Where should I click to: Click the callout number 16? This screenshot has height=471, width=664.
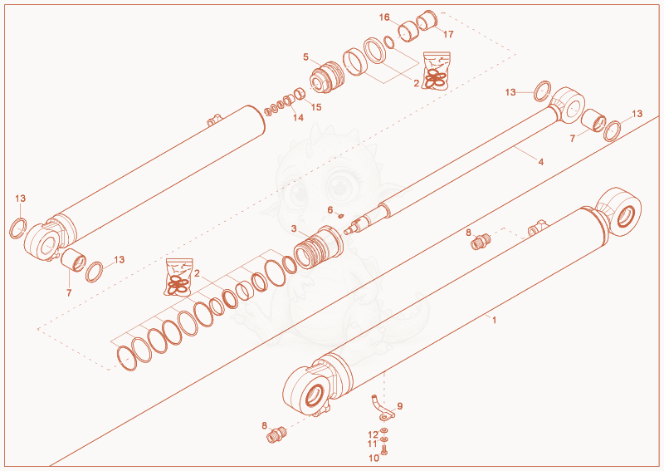[384, 17]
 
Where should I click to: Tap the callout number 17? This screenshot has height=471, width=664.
[448, 34]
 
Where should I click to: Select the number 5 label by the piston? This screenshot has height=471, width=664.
[305, 56]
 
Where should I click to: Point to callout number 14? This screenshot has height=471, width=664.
[299, 117]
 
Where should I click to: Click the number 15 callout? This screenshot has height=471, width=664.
[316, 107]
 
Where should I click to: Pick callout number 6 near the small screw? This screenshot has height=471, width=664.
[330, 210]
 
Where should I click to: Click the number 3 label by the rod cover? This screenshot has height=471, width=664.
[294, 229]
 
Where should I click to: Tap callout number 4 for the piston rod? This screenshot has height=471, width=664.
[541, 161]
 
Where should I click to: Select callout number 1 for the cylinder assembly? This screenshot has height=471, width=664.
[494, 320]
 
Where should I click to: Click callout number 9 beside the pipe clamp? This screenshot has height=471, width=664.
[400, 406]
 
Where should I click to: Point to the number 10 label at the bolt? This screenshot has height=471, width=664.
[374, 458]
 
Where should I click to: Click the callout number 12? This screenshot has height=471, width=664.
[373, 435]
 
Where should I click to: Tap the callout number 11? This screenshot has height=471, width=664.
[373, 444]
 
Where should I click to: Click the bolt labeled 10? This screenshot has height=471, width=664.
[384, 451]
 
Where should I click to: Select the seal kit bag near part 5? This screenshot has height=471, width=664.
[437, 71]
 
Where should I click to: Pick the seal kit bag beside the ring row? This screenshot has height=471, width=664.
[178, 277]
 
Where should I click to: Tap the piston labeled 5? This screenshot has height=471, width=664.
[326, 76]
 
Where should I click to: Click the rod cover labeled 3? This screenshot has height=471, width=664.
[319, 248]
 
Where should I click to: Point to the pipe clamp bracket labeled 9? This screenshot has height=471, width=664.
[383, 408]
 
